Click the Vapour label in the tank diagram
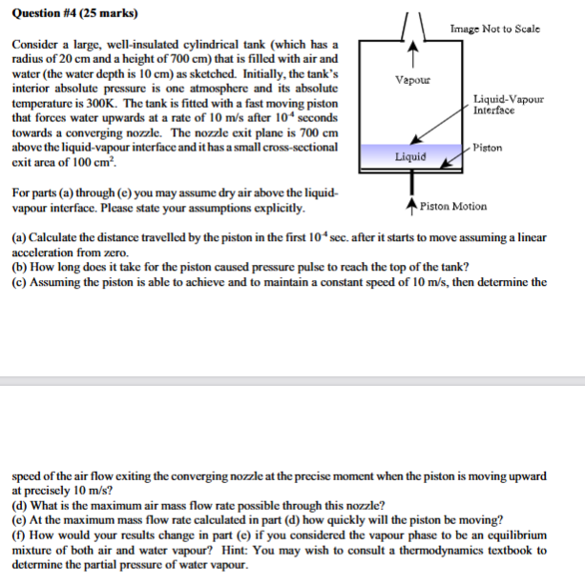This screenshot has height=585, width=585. click(413, 82)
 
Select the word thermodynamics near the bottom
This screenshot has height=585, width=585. click(453, 550)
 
